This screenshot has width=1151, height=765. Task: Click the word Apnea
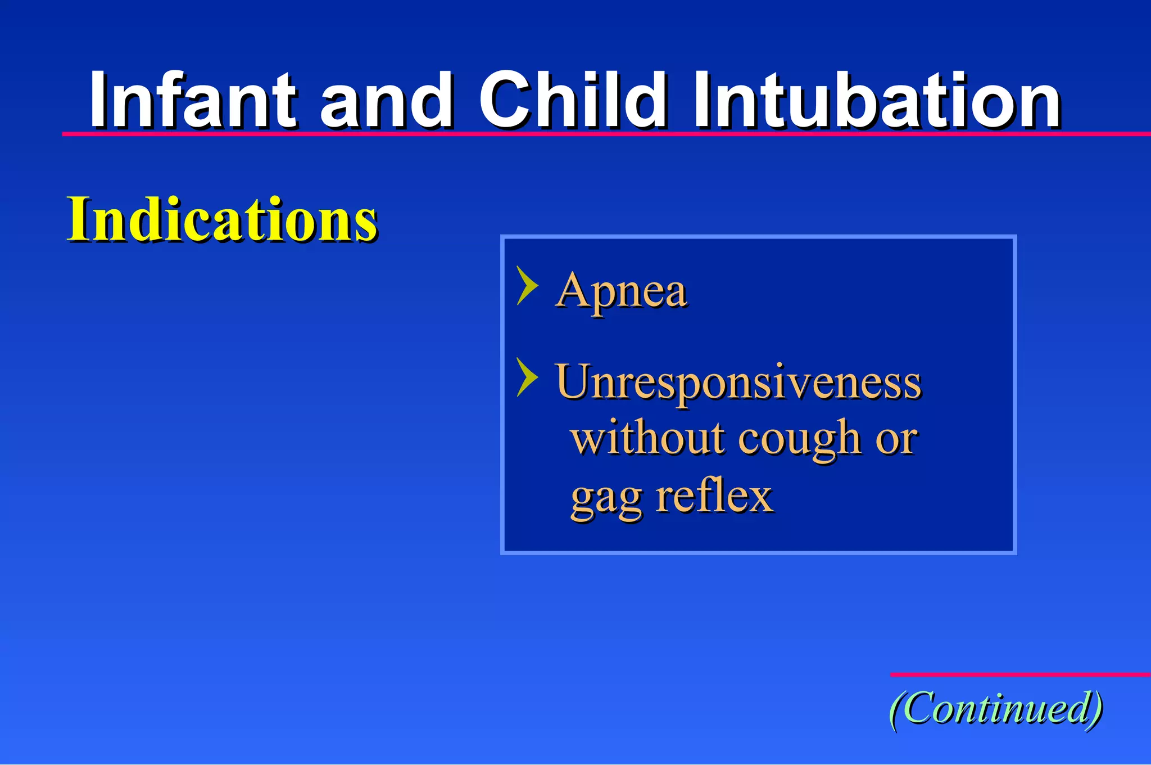coord(621,291)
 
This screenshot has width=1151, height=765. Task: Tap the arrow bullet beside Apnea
coord(527,286)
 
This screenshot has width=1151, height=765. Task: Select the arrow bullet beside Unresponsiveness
coord(527,377)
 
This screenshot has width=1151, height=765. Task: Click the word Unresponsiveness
coord(738,382)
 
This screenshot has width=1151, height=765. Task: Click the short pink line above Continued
coord(1020,674)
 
